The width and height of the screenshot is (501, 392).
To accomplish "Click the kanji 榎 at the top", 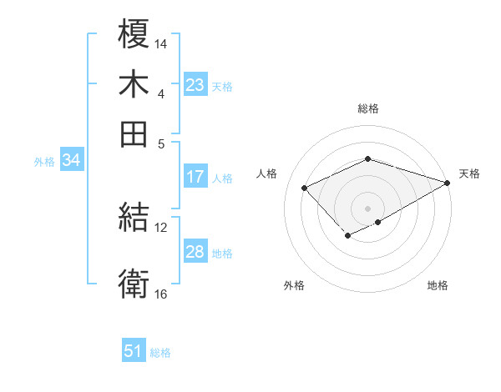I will click(134, 34).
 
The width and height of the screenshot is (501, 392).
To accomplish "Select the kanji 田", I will click(134, 133).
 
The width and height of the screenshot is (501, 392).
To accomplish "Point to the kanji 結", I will click(134, 219).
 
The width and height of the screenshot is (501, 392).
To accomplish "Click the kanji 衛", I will click(134, 284).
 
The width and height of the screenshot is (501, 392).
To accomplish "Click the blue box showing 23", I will click(195, 85).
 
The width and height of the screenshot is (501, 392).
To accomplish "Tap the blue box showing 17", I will click(195, 177).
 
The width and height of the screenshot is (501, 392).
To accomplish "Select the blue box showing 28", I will click(195, 253).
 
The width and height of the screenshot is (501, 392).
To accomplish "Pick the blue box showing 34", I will click(71, 161).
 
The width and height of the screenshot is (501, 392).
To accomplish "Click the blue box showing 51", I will click(134, 352).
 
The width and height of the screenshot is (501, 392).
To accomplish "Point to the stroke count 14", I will click(161, 43).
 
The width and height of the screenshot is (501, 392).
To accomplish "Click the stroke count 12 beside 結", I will click(161, 227).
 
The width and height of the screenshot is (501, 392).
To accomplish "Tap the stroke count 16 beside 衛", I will click(161, 294).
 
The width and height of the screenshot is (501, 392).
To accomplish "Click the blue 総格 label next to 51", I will click(160, 353).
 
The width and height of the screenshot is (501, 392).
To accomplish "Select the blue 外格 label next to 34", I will click(44, 162).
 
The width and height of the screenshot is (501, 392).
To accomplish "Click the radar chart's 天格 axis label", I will click(469, 173).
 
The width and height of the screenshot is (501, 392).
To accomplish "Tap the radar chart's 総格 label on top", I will click(367, 108).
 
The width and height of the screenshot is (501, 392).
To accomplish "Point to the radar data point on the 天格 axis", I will click(448, 183).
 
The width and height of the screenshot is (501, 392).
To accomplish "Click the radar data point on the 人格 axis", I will click(305, 188).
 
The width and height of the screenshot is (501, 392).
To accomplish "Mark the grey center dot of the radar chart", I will click(367, 208).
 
